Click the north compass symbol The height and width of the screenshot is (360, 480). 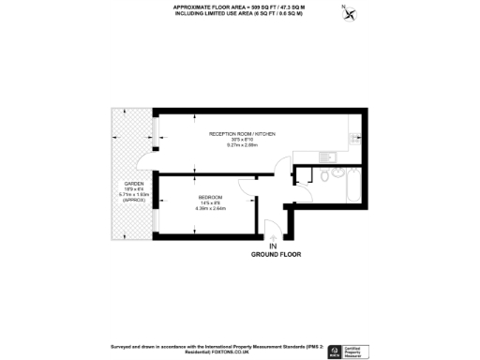(x=350, y=14)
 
